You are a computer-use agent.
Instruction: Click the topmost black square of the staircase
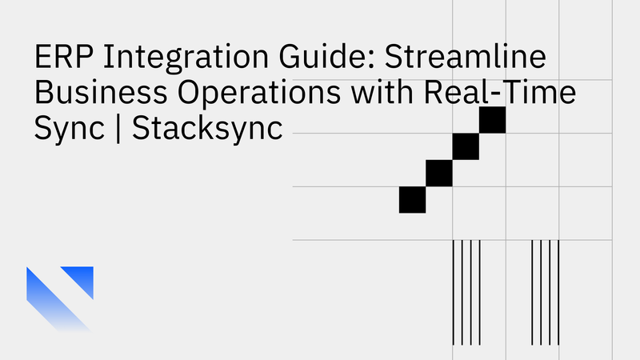tap(493, 120)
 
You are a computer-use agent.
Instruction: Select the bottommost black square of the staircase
tap(412, 199)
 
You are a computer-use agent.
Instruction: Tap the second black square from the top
tap(466, 146)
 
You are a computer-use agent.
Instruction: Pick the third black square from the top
tap(439, 173)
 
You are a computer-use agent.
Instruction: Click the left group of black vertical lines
tap(466, 291)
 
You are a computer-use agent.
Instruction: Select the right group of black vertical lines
tap(546, 291)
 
